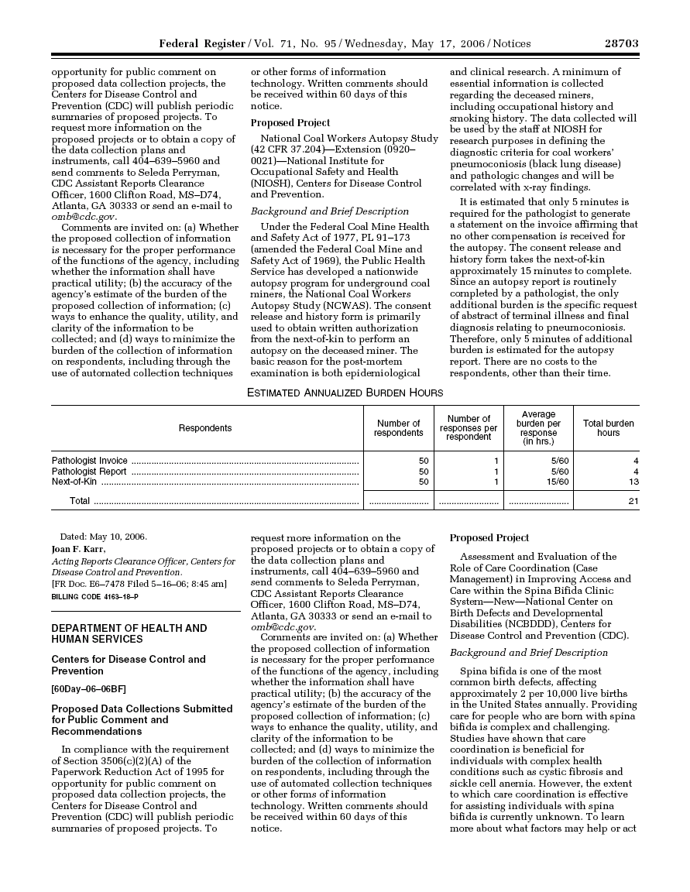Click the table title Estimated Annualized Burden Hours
(x=345, y=393)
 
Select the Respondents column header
(x=205, y=428)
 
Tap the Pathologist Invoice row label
(x=90, y=461)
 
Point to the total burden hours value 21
(x=633, y=501)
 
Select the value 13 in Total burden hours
(x=633, y=482)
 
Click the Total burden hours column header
(x=608, y=428)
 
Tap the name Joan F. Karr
(x=78, y=550)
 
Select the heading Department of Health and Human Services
(x=129, y=633)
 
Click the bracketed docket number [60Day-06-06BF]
(x=88, y=689)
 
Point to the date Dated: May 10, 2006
(x=104, y=537)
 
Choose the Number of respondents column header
(x=398, y=428)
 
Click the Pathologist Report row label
(x=89, y=472)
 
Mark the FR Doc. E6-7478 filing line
(x=139, y=584)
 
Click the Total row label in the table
(x=80, y=501)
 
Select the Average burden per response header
(x=538, y=428)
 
